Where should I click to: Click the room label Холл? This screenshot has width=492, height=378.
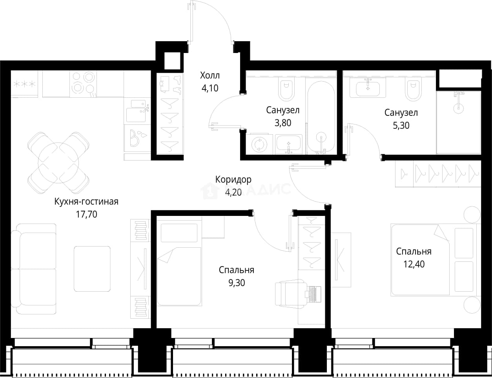[210, 75]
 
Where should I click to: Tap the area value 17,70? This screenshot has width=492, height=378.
[86, 214]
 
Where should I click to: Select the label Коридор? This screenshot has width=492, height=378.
[233, 180]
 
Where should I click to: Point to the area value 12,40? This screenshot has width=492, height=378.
[414, 264]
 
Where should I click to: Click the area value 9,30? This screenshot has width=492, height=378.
[237, 283]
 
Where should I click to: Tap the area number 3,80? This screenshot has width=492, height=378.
[283, 123]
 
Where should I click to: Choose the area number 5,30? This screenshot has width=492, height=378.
[401, 126]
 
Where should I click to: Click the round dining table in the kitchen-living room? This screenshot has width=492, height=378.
[58, 163]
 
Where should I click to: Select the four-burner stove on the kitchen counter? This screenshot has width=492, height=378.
[83, 84]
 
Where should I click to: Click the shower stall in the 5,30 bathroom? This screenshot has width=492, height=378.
[459, 122]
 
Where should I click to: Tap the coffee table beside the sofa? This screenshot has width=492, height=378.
[92, 269]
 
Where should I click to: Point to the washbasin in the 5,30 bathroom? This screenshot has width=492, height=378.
[368, 88]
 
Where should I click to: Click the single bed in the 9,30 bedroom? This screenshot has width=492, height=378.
[179, 265]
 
